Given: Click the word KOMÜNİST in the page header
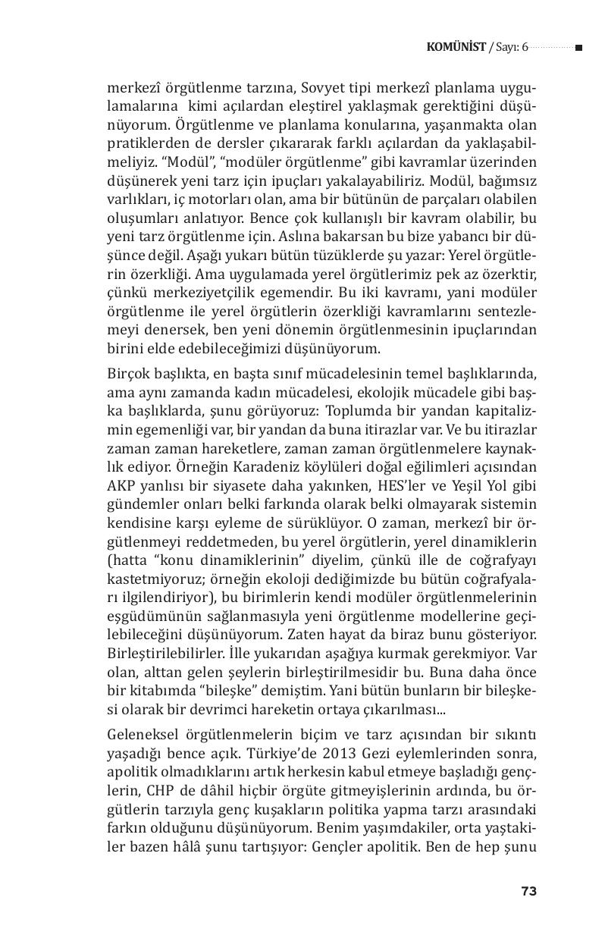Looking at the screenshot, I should click(456, 48).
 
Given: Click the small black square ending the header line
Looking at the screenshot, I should click(578, 48).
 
